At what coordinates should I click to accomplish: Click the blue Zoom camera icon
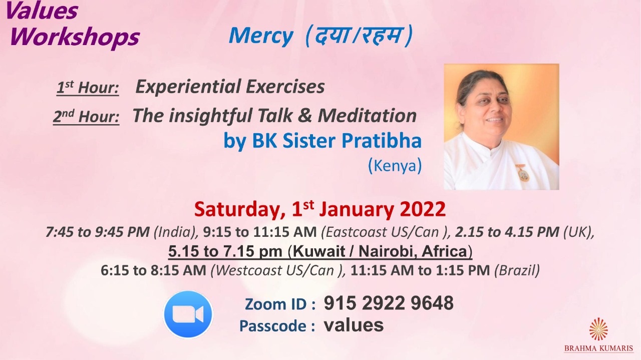(188, 314)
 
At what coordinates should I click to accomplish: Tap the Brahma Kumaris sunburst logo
(598, 329)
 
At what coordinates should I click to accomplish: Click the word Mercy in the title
(261, 36)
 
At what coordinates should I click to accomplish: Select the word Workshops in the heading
(75, 37)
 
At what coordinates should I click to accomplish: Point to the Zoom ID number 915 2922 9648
(389, 303)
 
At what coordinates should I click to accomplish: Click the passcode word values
(354, 325)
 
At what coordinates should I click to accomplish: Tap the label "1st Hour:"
(88, 87)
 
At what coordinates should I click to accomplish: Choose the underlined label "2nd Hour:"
(86, 117)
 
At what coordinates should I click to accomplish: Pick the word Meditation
(367, 115)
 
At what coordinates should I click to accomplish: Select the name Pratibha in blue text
(382, 141)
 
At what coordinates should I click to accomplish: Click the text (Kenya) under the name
(395, 165)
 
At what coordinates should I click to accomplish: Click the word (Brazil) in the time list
(517, 270)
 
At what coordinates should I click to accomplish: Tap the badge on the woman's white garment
(522, 173)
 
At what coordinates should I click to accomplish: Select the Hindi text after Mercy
(360, 36)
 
